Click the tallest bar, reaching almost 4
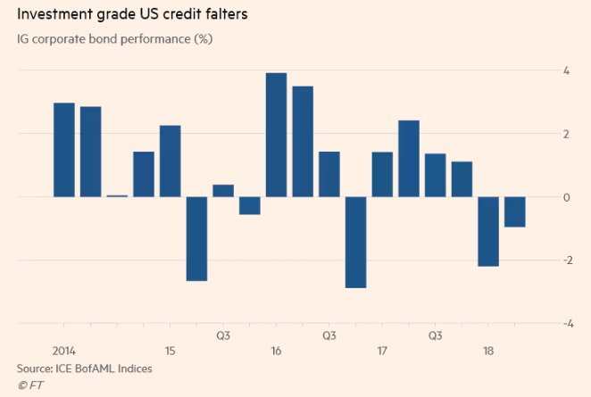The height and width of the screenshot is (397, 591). [x=276, y=135]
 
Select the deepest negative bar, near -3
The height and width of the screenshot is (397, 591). [x=355, y=242]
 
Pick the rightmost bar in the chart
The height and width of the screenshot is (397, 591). [x=514, y=211]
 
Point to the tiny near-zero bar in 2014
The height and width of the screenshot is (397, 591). [x=117, y=195]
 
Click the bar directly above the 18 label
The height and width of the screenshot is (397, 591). [x=488, y=231]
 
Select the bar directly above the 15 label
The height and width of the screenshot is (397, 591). [x=171, y=161]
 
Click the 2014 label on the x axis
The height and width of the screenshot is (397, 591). [x=64, y=351]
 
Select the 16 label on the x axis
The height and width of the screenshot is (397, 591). [x=276, y=351]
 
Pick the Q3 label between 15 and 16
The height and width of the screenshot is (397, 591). [x=223, y=336]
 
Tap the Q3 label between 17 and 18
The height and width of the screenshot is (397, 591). [x=435, y=336]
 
